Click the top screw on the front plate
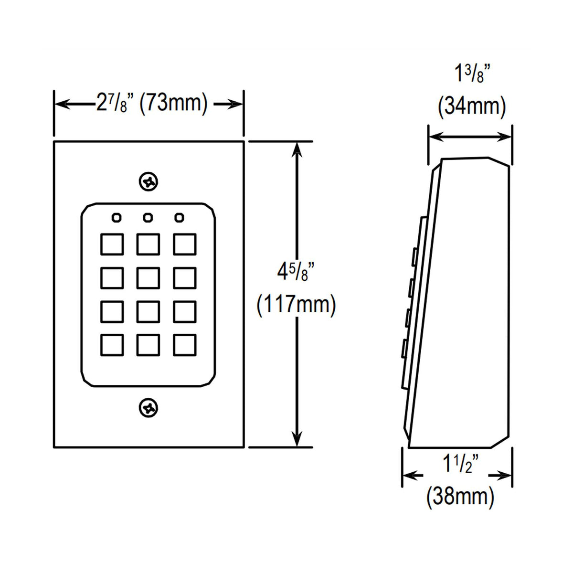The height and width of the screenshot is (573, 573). click(x=149, y=181)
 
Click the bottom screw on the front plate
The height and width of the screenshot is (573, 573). click(x=149, y=407)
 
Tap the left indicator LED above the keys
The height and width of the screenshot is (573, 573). click(x=116, y=218)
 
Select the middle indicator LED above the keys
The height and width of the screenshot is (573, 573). click(x=148, y=218)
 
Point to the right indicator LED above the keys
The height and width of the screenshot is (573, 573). click(x=179, y=218)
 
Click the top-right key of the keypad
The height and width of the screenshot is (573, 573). click(x=185, y=244)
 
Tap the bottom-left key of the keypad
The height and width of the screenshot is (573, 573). click(x=112, y=345)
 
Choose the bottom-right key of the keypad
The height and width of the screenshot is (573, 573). click(x=185, y=345)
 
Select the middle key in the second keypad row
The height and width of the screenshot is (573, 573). click(x=148, y=278)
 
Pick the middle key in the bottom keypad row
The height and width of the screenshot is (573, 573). click(x=148, y=345)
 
